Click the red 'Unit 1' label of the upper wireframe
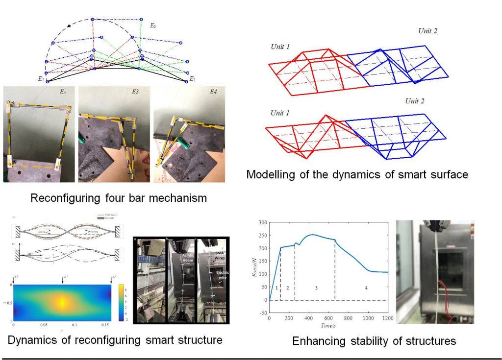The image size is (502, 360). [x=280, y=47]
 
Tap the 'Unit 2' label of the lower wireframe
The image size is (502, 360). [x=414, y=101]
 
